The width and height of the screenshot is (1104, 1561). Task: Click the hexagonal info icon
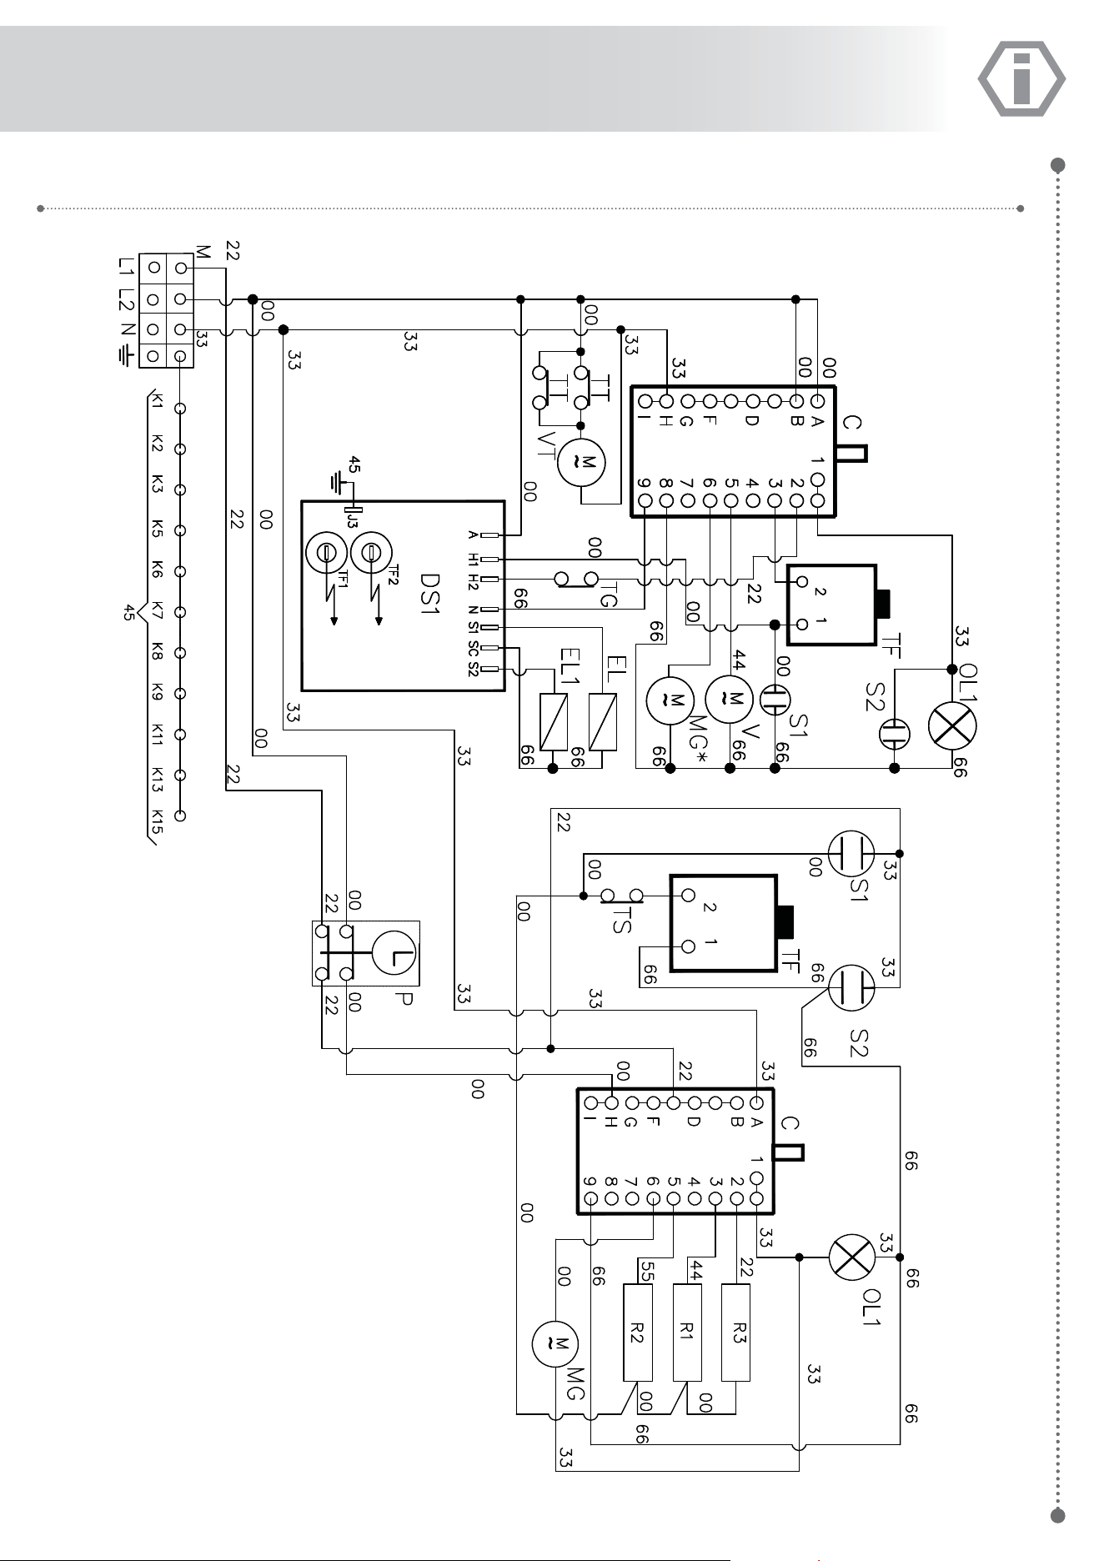coord(1021,79)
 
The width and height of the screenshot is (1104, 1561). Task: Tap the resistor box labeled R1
coord(686,1333)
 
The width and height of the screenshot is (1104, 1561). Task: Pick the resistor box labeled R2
coord(637,1333)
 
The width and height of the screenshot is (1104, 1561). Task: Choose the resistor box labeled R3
coord(735,1333)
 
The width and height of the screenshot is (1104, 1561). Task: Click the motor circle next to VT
coord(581,463)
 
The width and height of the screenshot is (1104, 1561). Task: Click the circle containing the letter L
coord(394,953)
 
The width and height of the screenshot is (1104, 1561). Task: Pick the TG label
coord(609,595)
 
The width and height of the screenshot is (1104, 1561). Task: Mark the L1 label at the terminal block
coord(126,269)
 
